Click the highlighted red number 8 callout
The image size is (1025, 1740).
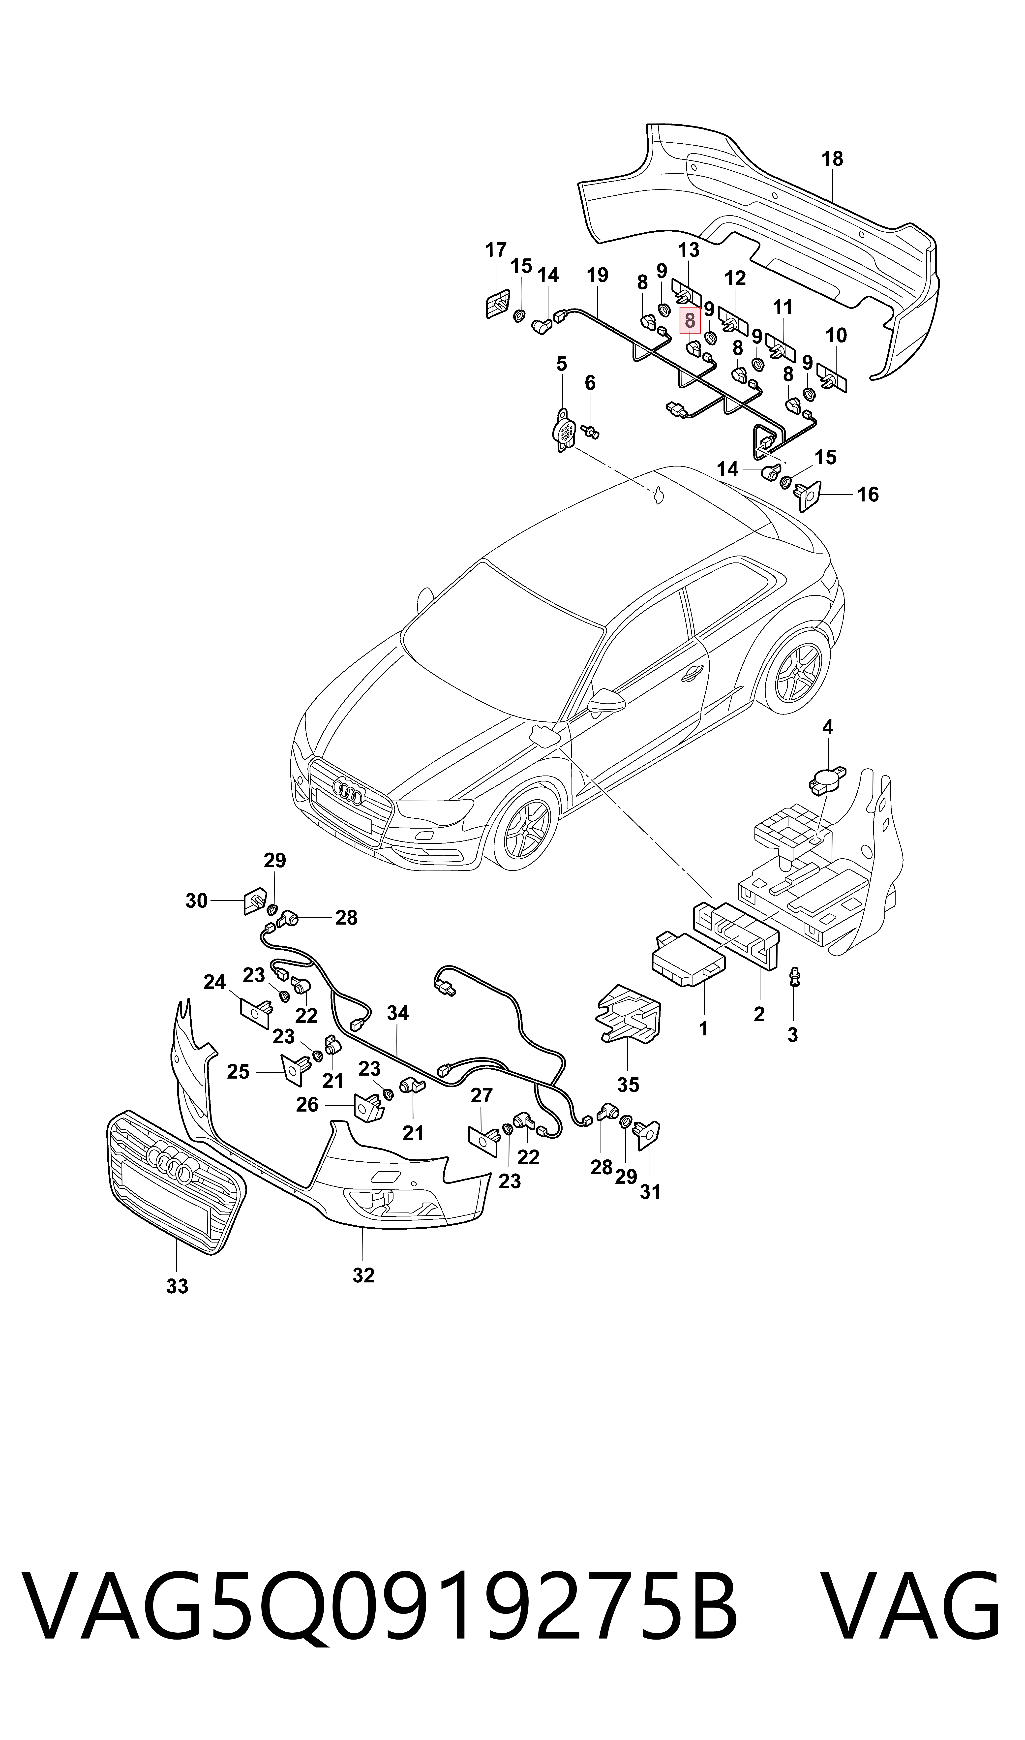(689, 320)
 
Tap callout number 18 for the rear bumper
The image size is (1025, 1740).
(832, 159)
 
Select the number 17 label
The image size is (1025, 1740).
(496, 250)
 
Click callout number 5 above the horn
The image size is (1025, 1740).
(562, 364)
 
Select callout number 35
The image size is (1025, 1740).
(628, 1085)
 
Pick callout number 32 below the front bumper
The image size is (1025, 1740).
(363, 1275)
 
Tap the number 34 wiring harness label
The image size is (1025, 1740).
(398, 1013)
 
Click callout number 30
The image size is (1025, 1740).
(197, 901)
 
